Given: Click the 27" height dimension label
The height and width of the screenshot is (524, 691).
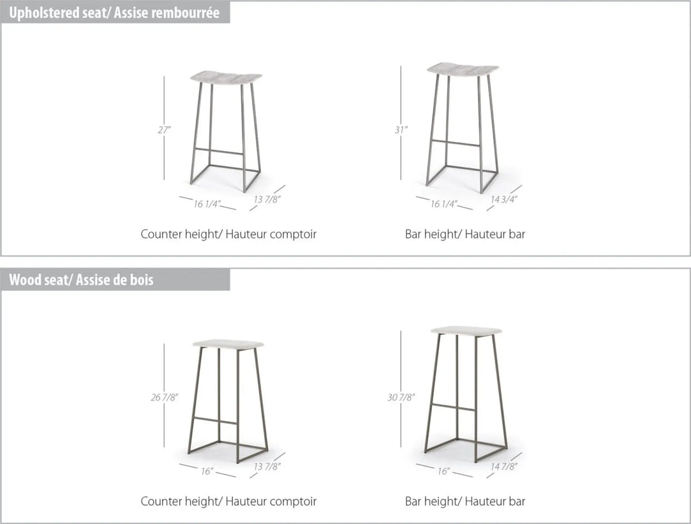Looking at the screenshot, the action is pyautogui.click(x=164, y=130).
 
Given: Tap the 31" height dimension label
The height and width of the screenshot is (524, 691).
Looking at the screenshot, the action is pyautogui.click(x=401, y=130).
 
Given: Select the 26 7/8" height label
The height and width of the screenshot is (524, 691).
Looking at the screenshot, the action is pyautogui.click(x=164, y=397).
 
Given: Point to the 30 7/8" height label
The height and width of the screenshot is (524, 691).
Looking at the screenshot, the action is pyautogui.click(x=401, y=397).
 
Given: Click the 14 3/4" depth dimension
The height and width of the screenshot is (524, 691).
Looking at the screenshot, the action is pyautogui.click(x=504, y=199).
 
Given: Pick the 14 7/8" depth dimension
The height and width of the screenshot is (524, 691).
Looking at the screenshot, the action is pyautogui.click(x=504, y=466).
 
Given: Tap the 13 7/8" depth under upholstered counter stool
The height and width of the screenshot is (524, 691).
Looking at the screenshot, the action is pyautogui.click(x=267, y=199).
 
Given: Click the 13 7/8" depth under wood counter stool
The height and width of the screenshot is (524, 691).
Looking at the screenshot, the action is pyautogui.click(x=267, y=466).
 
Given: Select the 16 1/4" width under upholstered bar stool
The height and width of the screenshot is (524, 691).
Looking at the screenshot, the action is pyautogui.click(x=444, y=204).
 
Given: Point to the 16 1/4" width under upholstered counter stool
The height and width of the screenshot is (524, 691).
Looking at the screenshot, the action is pyautogui.click(x=207, y=204).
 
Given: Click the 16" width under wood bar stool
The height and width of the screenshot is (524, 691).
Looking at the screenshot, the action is pyautogui.click(x=444, y=472).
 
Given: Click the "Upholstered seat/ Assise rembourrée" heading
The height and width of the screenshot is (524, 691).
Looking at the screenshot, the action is pyautogui.click(x=114, y=13).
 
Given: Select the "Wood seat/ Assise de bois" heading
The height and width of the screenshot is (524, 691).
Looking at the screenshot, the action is pyautogui.click(x=81, y=280).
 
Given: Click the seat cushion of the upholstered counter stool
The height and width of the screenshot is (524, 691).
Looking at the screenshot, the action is pyautogui.click(x=226, y=77).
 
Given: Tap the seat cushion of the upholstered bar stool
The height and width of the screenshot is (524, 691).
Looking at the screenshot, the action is pyautogui.click(x=463, y=70).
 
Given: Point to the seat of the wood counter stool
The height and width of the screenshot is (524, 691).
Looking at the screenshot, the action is pyautogui.click(x=228, y=344).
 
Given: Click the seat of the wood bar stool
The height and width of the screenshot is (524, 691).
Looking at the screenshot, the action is pyautogui.click(x=466, y=331).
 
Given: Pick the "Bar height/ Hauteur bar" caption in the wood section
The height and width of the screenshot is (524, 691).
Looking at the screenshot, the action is pyautogui.click(x=465, y=502).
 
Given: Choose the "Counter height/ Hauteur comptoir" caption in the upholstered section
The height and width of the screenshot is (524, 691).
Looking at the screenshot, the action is pyautogui.click(x=228, y=234).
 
